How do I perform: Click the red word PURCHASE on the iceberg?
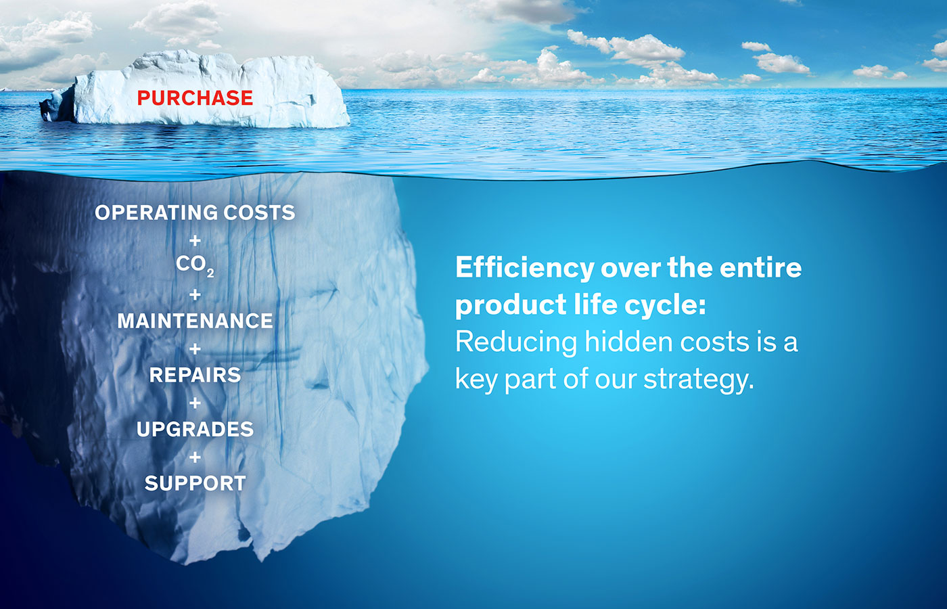195,98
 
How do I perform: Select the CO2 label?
195,265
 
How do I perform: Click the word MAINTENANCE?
195,321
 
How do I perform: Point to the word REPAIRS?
195,375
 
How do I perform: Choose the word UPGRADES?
195,429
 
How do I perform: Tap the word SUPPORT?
195,483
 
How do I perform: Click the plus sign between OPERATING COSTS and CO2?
195,240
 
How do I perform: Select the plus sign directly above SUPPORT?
195,457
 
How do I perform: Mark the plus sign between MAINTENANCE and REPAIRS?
195,348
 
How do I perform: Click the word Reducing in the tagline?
516,342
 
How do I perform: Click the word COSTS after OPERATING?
259,212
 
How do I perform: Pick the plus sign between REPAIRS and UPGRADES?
195,403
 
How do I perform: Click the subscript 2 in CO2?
210,273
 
